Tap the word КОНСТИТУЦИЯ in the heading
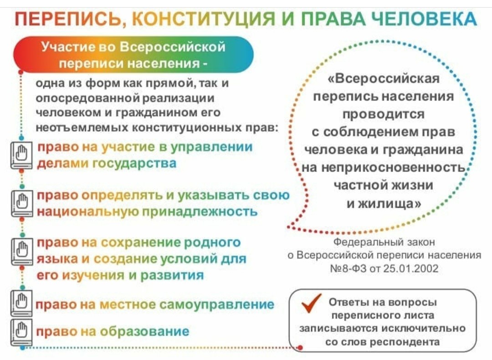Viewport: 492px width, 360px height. tap(203, 19)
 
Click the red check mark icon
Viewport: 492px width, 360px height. tap(311, 303)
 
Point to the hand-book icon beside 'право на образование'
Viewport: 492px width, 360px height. tap(21, 332)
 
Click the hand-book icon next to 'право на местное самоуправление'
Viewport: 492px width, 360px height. tap(21, 303)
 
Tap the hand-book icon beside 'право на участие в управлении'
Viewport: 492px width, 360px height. tap(21, 156)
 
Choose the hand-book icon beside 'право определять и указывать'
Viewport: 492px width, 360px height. tap(21, 203)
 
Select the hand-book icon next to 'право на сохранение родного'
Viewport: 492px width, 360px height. tap(21, 251)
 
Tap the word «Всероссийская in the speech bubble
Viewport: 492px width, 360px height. tap(384, 78)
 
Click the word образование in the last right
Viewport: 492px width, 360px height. tap(145, 331)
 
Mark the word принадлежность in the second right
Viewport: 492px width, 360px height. tap(200, 211)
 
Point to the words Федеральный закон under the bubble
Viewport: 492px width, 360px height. tap(384, 242)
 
